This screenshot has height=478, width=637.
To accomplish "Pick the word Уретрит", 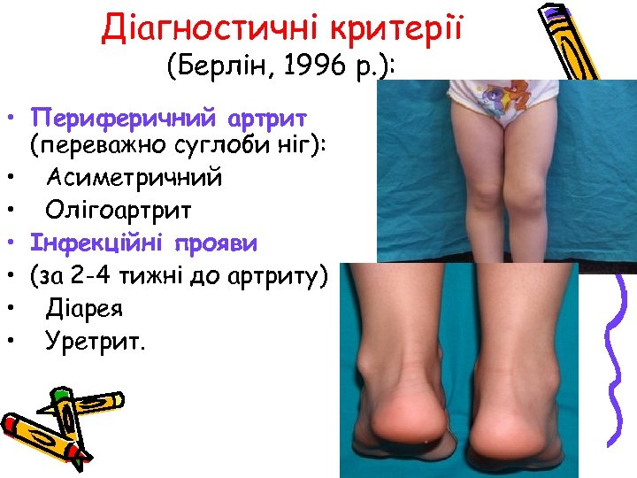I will tap(93, 341).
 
